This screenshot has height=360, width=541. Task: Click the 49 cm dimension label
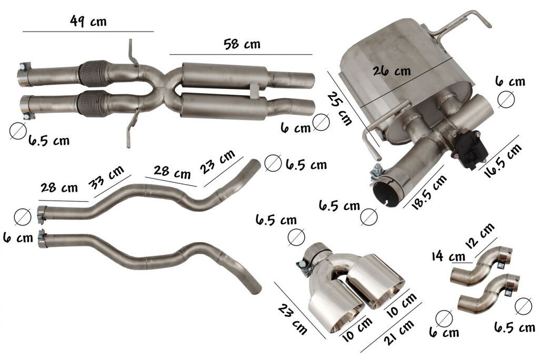[x=88, y=22]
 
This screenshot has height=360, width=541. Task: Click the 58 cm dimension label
[x=242, y=44]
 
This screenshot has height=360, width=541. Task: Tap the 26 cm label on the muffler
[x=392, y=71]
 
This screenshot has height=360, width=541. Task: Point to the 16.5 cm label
[x=503, y=161]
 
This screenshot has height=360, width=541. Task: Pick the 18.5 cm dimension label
[x=429, y=192]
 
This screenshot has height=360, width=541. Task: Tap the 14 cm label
[x=448, y=256]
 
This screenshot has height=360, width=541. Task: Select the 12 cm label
[x=480, y=235]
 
